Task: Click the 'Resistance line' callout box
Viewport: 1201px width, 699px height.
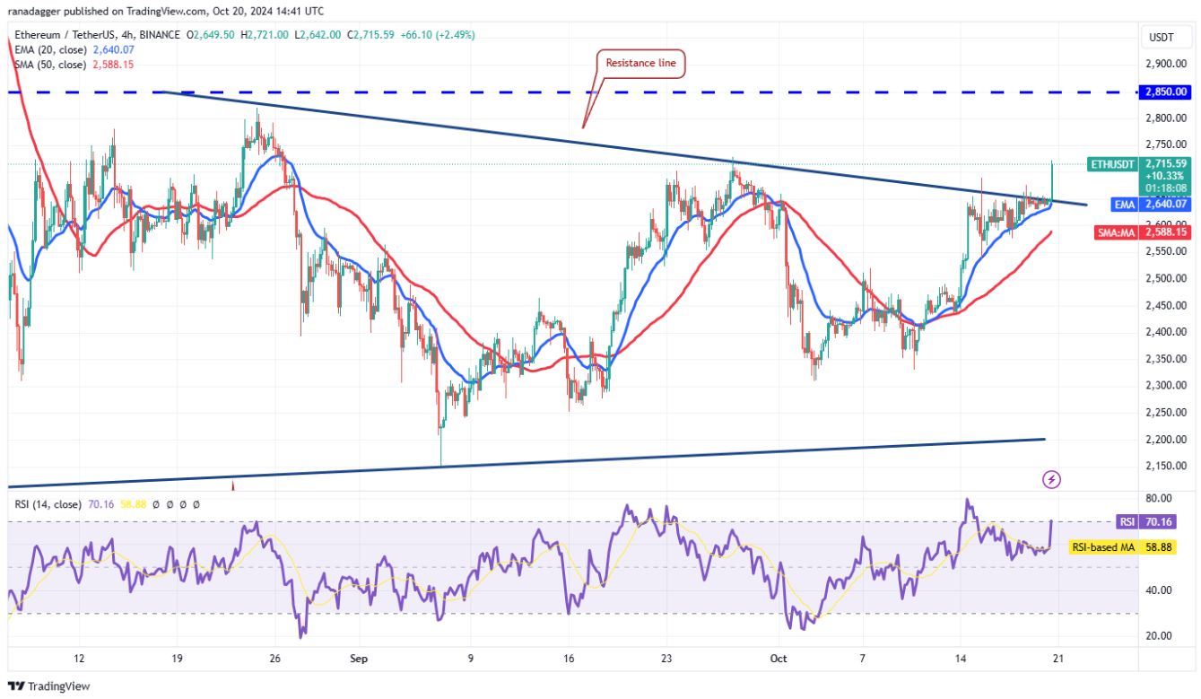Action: [641, 63]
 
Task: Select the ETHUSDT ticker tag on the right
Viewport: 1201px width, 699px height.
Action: [1113, 164]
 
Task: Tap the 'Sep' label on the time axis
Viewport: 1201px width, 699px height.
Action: [359, 659]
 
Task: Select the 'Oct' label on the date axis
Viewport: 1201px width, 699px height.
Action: [778, 659]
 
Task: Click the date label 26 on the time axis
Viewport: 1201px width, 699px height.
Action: [275, 659]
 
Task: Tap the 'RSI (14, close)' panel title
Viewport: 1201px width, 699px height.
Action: [50, 504]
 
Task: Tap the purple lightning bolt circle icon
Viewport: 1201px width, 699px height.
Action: [1052, 480]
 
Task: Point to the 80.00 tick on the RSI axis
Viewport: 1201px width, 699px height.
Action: [1161, 498]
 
